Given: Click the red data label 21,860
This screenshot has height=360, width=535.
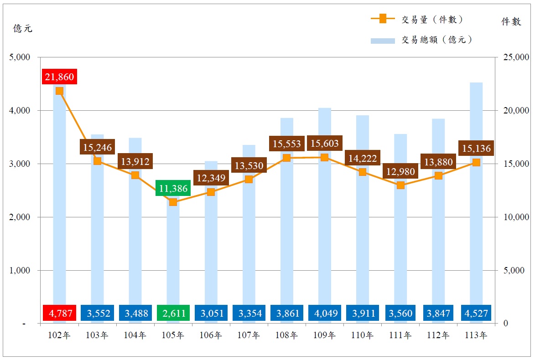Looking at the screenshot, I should click(59, 77).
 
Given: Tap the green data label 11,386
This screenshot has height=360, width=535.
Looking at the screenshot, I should click(173, 188).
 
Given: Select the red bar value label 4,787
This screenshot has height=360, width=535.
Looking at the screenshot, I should click(59, 314).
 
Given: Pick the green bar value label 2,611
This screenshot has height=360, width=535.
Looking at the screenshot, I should click(173, 314).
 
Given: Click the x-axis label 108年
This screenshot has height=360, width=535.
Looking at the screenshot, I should click(286, 336).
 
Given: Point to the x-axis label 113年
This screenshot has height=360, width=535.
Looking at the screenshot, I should click(476, 336).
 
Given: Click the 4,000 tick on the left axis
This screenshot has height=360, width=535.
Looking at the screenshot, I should click(20, 111).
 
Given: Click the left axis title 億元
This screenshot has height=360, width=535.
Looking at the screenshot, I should click(23, 28).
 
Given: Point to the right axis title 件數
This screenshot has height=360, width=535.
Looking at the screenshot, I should click(511, 22).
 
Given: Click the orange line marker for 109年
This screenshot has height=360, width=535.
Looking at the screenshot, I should click(324, 157).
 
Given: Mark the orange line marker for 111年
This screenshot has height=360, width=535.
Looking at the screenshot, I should click(400, 185).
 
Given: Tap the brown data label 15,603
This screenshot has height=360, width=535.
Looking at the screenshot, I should click(324, 144).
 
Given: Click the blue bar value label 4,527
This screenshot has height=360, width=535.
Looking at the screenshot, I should click(476, 314).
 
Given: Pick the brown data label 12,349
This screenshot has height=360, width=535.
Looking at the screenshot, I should click(211, 178).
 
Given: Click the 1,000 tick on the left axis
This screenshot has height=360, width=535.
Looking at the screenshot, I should click(20, 271).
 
